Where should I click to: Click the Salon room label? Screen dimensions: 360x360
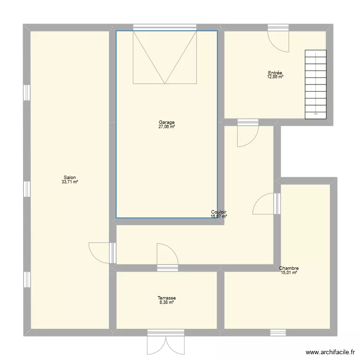tap(70, 178)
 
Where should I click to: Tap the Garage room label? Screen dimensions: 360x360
tap(167, 122)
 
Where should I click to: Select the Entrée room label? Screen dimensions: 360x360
tap(276, 73)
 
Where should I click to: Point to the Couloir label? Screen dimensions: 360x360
tap(219, 212)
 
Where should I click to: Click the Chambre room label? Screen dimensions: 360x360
tap(289, 268)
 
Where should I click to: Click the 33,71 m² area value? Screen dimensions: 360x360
tap(70, 182)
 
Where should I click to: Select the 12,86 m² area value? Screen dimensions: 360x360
tap(276, 77)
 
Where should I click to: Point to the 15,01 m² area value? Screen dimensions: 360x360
tap(289, 273)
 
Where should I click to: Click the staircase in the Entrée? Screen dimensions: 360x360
tap(316, 84)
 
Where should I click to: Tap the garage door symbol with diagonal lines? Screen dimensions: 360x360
tap(165, 57)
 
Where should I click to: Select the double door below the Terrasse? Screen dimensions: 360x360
tap(166, 345)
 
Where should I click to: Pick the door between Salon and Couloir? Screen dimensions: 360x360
tap(102, 252)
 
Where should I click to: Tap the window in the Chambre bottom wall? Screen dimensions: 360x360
tap(278, 332)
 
